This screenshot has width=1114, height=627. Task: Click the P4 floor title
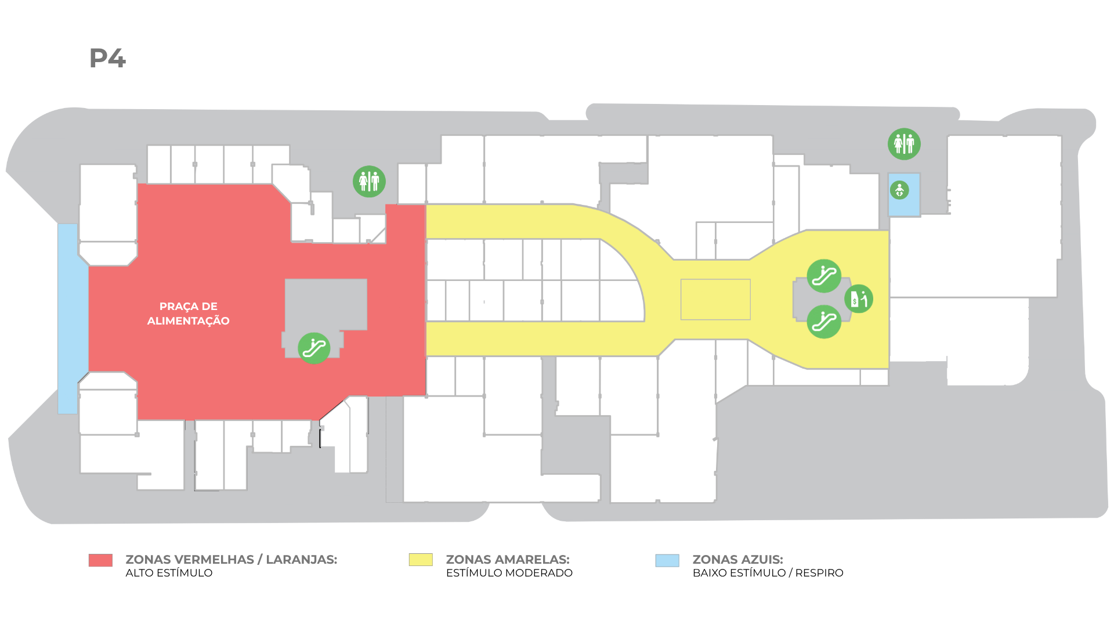pyautogui.click(x=107, y=58)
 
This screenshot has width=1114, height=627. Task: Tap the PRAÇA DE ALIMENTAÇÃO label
pyautogui.click(x=189, y=313)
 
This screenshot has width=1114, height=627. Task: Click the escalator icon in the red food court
pyautogui.click(x=314, y=348)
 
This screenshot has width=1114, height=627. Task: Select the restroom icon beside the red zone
pyautogui.click(x=369, y=182)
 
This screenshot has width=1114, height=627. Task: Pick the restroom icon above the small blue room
pyautogui.click(x=904, y=144)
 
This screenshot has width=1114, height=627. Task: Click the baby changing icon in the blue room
pyautogui.click(x=899, y=190)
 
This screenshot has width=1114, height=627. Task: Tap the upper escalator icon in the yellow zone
pyautogui.click(x=824, y=276)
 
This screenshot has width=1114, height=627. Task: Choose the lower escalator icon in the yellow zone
pyautogui.click(x=824, y=322)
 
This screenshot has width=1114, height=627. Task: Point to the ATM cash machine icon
pyautogui.click(x=859, y=299)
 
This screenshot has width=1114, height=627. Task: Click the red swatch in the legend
pyautogui.click(x=100, y=560)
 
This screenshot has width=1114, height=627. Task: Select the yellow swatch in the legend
pyautogui.click(x=421, y=560)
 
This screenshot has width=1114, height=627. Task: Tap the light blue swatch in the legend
pyautogui.click(x=667, y=560)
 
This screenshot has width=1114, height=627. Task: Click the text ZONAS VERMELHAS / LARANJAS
pyautogui.click(x=232, y=560)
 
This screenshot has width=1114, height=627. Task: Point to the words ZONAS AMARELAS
pyautogui.click(x=508, y=560)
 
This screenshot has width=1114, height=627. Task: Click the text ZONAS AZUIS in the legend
pyautogui.click(x=738, y=560)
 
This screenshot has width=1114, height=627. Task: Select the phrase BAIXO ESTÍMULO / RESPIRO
pyautogui.click(x=768, y=573)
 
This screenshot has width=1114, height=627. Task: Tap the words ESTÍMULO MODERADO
pyautogui.click(x=509, y=573)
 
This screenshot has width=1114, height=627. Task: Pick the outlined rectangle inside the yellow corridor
pyautogui.click(x=715, y=300)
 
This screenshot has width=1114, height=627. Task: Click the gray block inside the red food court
pyautogui.click(x=325, y=305)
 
